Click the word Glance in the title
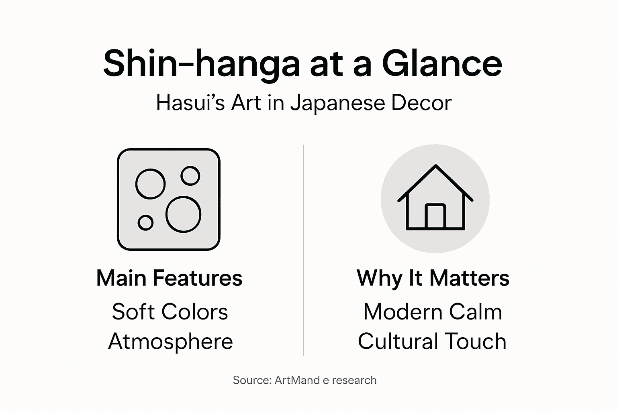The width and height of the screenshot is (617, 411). click(x=441, y=63)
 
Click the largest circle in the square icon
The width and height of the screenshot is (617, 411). click(x=184, y=214)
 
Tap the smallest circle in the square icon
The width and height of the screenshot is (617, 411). click(x=145, y=222)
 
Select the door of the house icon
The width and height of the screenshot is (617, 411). click(x=435, y=217)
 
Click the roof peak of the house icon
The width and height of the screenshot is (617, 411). click(x=435, y=166)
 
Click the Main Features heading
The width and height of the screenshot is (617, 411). click(x=169, y=278)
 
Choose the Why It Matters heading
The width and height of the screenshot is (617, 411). click(x=433, y=278)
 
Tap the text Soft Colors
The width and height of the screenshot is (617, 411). click(x=170, y=311)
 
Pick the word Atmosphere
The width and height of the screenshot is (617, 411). click(x=170, y=342)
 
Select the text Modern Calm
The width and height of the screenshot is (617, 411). click(x=433, y=311)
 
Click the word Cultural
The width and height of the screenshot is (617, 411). click(x=397, y=342)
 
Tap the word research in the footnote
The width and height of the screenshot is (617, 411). click(x=354, y=380)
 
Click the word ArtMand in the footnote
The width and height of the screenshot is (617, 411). click(x=297, y=380)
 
